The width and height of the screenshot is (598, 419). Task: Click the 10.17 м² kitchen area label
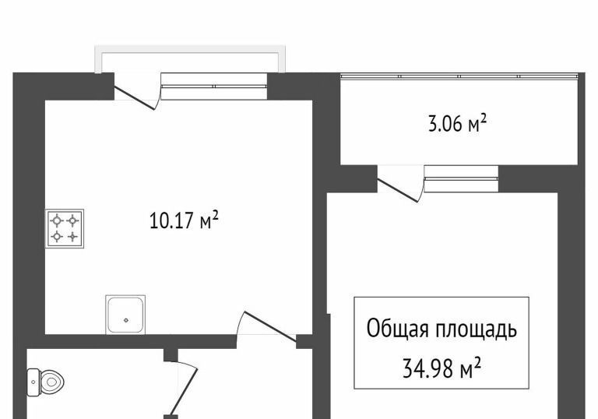point(185,220)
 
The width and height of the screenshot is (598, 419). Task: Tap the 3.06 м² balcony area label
point(457,123)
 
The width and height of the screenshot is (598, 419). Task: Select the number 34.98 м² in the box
point(441,368)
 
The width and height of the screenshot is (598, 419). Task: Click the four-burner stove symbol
point(65,228)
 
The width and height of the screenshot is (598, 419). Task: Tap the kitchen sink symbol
point(125,315)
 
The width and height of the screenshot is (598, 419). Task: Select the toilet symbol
point(45,381)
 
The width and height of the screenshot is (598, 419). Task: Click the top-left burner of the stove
point(57,220)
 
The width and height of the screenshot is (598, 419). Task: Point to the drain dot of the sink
point(125,320)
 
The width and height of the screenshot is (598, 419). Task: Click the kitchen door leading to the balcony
point(135,98)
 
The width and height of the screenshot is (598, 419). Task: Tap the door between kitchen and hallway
point(270,326)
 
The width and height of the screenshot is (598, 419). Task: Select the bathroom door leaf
point(183,391)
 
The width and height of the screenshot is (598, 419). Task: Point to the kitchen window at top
point(213,86)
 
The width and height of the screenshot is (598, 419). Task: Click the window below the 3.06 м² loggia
point(461,179)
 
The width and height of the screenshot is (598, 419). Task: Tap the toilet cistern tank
point(33,382)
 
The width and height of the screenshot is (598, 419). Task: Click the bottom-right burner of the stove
point(72,237)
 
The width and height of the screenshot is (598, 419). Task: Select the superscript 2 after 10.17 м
point(215,215)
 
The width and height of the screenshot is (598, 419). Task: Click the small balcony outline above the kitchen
point(190,49)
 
